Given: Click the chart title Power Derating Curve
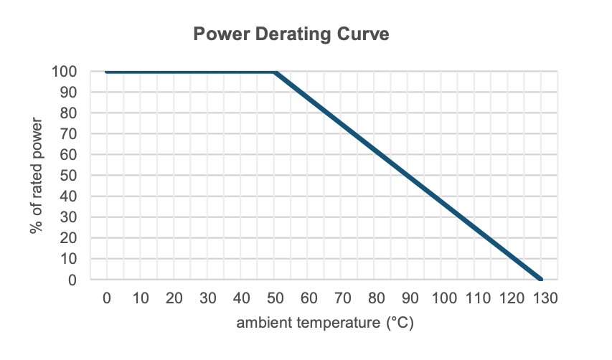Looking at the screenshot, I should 291,34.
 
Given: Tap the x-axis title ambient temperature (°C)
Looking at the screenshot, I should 325,323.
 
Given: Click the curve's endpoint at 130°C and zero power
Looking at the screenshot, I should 542,280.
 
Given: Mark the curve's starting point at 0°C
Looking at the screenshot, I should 106,72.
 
